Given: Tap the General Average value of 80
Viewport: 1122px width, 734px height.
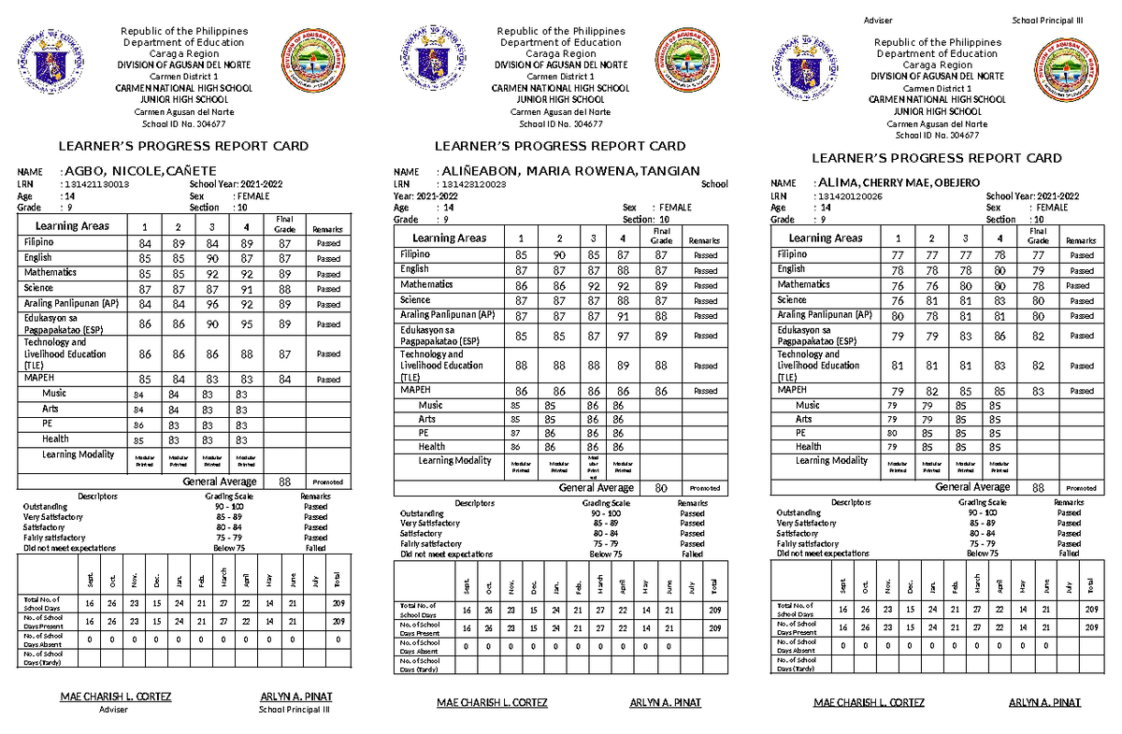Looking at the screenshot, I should coord(661,488).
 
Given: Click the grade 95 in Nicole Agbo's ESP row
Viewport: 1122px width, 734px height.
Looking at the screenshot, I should coord(246,324).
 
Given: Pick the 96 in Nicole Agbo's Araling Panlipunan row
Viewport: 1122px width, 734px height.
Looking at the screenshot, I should coord(211,304).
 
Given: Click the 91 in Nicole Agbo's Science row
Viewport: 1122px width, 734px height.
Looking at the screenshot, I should coord(246,289).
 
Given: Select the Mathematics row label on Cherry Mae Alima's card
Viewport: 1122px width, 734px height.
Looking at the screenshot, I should coord(804,284).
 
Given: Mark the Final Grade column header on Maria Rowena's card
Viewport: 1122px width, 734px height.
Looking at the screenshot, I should coord(661,236).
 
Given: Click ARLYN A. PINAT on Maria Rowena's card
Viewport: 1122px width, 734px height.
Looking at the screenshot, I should coord(666,702).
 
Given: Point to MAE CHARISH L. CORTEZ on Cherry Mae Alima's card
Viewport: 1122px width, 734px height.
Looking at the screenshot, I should coord(870,702).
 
